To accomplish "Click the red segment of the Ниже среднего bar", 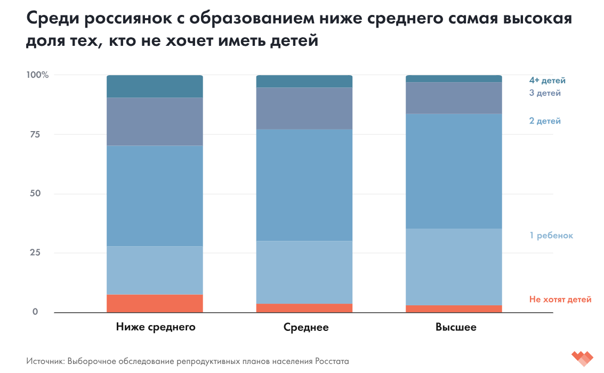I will coord(155,303).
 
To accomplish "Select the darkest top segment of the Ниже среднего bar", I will coord(155,86).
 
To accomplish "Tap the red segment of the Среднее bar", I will coord(304,308).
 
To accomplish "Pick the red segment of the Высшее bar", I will coord(454,309).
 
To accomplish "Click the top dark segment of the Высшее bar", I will coord(454,79).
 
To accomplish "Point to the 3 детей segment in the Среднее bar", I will coord(304,108).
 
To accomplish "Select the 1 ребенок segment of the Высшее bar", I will coord(454,267).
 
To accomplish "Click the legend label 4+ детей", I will coord(547,80).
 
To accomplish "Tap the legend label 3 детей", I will coord(544,93).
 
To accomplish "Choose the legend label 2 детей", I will coord(544,121).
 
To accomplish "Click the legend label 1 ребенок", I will coord(551,235).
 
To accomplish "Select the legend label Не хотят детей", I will coord(560,299).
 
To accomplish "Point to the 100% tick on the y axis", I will coord(38,75).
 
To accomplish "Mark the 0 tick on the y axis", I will coord(35,312).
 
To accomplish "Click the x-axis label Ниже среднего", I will coord(156,327).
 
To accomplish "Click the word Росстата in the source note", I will coord(332,361).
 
